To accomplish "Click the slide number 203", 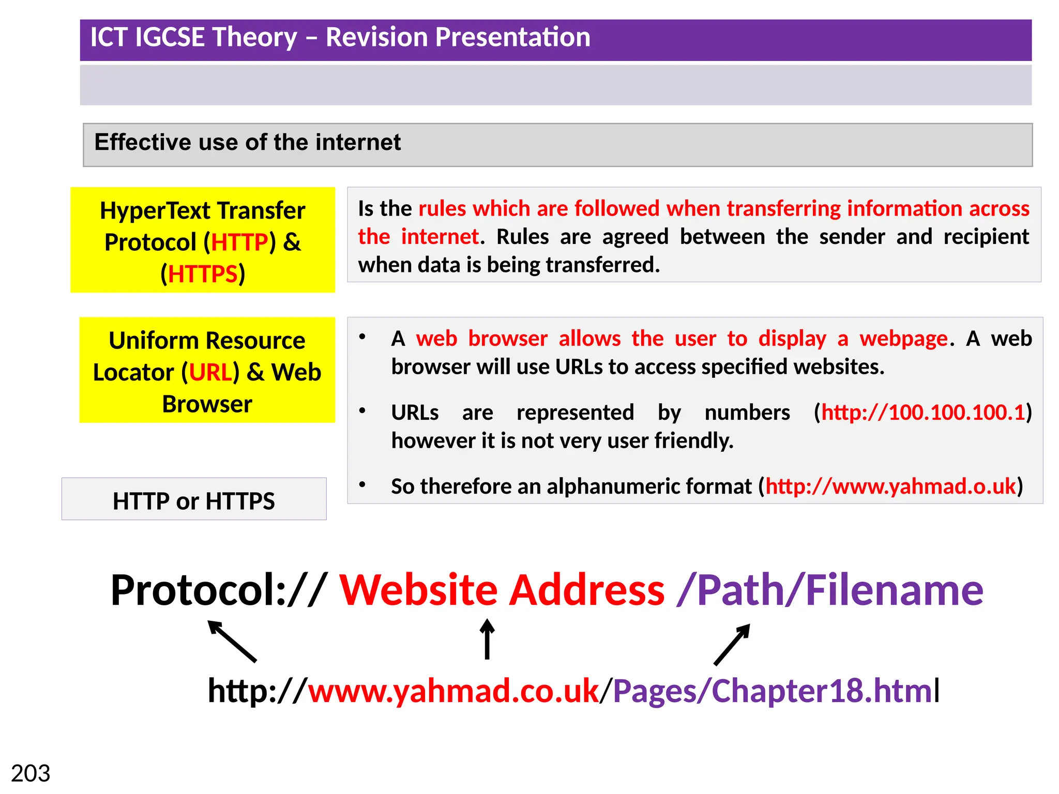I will pos(31,773).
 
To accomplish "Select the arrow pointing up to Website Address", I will pos(487,639).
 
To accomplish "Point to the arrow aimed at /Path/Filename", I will pos(732,644).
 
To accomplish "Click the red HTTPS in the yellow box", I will pos(203,274).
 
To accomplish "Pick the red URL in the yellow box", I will pos(210,372).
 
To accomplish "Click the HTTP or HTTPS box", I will pos(194,499).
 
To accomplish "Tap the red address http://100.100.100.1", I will pos(923,413).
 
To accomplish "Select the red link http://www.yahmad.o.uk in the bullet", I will pos(890,486).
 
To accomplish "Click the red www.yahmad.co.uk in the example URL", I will pos(453,691).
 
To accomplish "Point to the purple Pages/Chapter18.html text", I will pos(773,691).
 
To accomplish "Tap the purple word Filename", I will pos(894,590).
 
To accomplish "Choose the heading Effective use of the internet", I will pos(247,142).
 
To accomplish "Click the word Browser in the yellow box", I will pos(207,404).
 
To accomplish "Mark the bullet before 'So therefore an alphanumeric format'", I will pos(362,484).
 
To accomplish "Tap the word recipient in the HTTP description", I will pos(986,237).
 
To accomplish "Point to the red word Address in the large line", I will pos(586,590).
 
